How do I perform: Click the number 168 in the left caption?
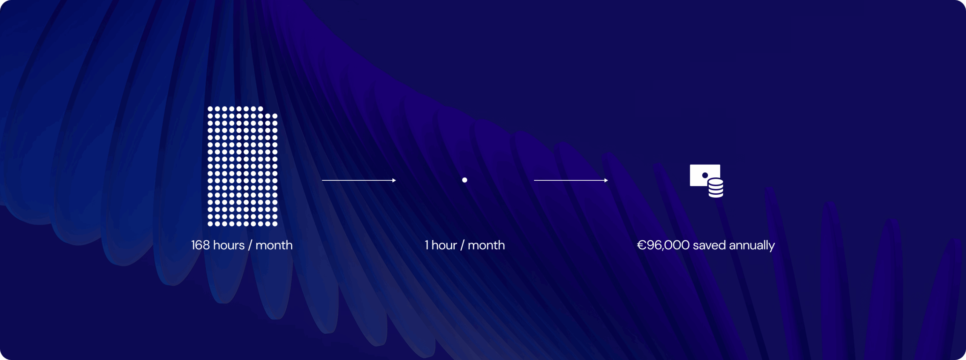(200, 245)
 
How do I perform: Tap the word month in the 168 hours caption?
(274, 245)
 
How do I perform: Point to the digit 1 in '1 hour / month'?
(426, 245)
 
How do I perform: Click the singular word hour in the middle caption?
(444, 245)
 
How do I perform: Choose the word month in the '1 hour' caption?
(486, 245)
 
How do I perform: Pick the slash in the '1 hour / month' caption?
(462, 246)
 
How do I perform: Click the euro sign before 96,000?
(642, 245)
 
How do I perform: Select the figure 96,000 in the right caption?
(668, 245)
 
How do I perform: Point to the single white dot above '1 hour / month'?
(465, 180)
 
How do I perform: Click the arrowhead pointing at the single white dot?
(394, 180)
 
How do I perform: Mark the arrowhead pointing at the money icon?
(606, 180)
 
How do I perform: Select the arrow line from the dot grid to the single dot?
(359, 180)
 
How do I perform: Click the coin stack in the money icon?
(716, 188)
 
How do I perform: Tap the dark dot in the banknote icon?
(705, 175)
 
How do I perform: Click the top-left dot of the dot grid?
(210, 109)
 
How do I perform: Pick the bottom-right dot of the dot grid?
(275, 224)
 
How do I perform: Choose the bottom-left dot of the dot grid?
(210, 224)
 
